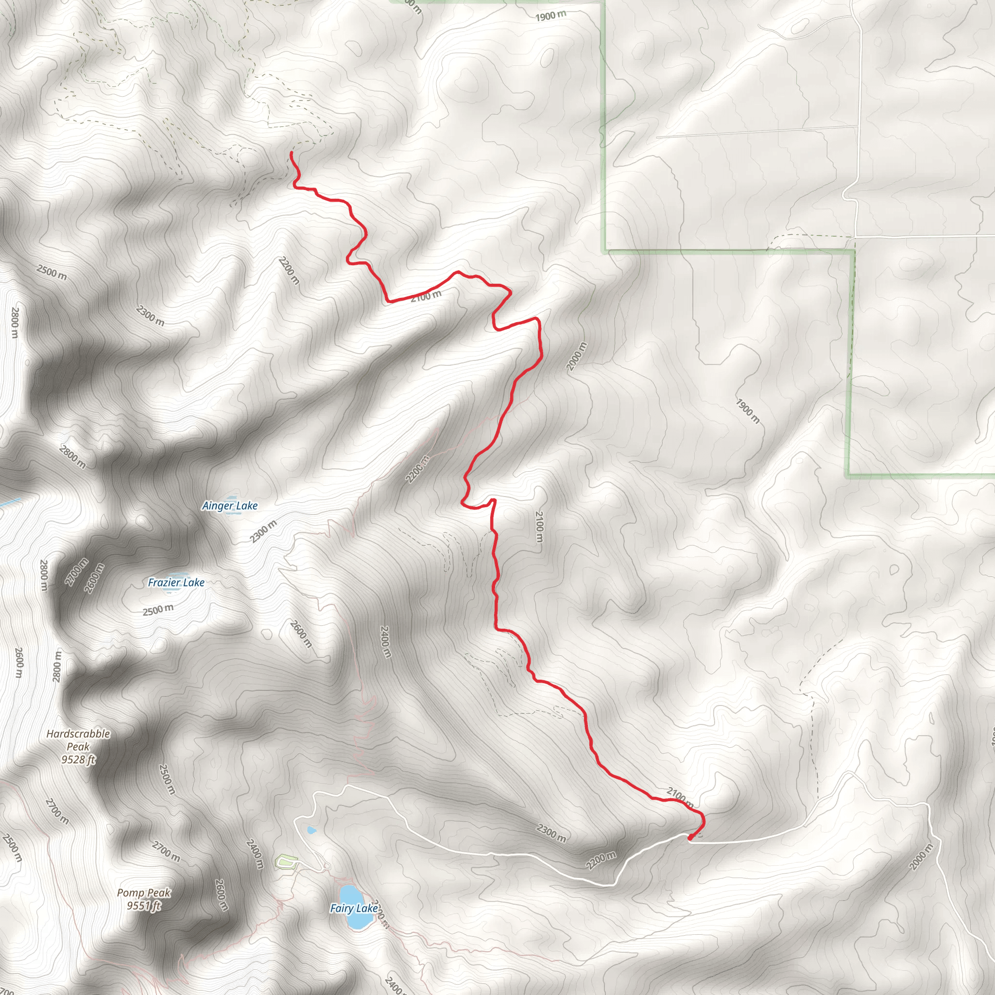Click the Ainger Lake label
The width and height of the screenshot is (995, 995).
pos(230,506)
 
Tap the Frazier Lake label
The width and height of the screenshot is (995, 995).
pos(176,583)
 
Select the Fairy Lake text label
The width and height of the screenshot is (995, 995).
pos(354,908)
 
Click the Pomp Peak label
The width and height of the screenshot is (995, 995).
pos(144,892)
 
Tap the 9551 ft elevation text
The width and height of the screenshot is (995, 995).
pos(144,906)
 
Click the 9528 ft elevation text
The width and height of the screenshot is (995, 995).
pos(78,760)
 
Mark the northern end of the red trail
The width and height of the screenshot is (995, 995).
pos(292,153)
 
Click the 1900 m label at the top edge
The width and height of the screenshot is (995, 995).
pos(550,16)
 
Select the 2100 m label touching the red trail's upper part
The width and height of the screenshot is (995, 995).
pos(427,295)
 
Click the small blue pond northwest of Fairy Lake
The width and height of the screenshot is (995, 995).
pos(311,830)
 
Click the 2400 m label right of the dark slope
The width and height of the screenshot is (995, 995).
pos(385,642)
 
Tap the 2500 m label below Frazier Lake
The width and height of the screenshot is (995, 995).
pos(158,610)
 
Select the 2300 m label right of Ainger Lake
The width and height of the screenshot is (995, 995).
pos(264,532)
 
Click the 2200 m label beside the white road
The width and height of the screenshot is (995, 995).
pos(600,860)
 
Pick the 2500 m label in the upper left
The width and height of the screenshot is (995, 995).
pos(51,272)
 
